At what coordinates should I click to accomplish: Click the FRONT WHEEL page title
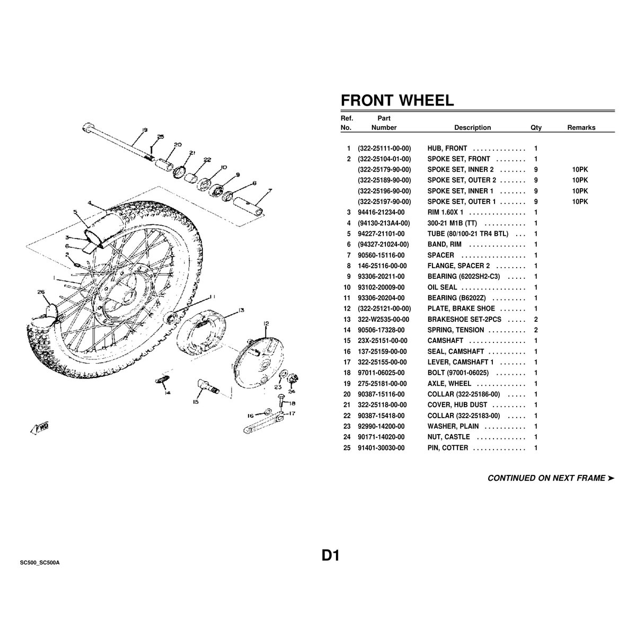pos(397,100)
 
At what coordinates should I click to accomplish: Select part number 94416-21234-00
pos(381,212)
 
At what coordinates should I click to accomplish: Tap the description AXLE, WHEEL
pos(449,384)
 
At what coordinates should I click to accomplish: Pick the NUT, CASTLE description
pos(448,437)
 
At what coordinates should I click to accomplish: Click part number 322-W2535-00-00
pos(383,320)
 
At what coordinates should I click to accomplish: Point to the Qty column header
pos(536,128)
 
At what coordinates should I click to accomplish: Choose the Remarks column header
pos(581,128)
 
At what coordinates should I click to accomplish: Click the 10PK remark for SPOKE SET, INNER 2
pos(580,170)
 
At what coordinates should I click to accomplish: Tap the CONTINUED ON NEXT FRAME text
pos(551,478)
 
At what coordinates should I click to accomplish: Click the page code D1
pos(330,556)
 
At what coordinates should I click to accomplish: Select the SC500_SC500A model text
pos(40,563)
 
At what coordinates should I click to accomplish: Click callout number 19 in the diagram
pos(145,130)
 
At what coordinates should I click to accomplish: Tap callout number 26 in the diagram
pos(41,291)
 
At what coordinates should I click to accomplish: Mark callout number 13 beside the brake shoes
pos(241,310)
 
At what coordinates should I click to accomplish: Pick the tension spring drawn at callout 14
pos(162,379)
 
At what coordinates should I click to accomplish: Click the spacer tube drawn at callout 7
pos(249,206)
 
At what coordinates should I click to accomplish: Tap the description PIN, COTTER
pos(447,448)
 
